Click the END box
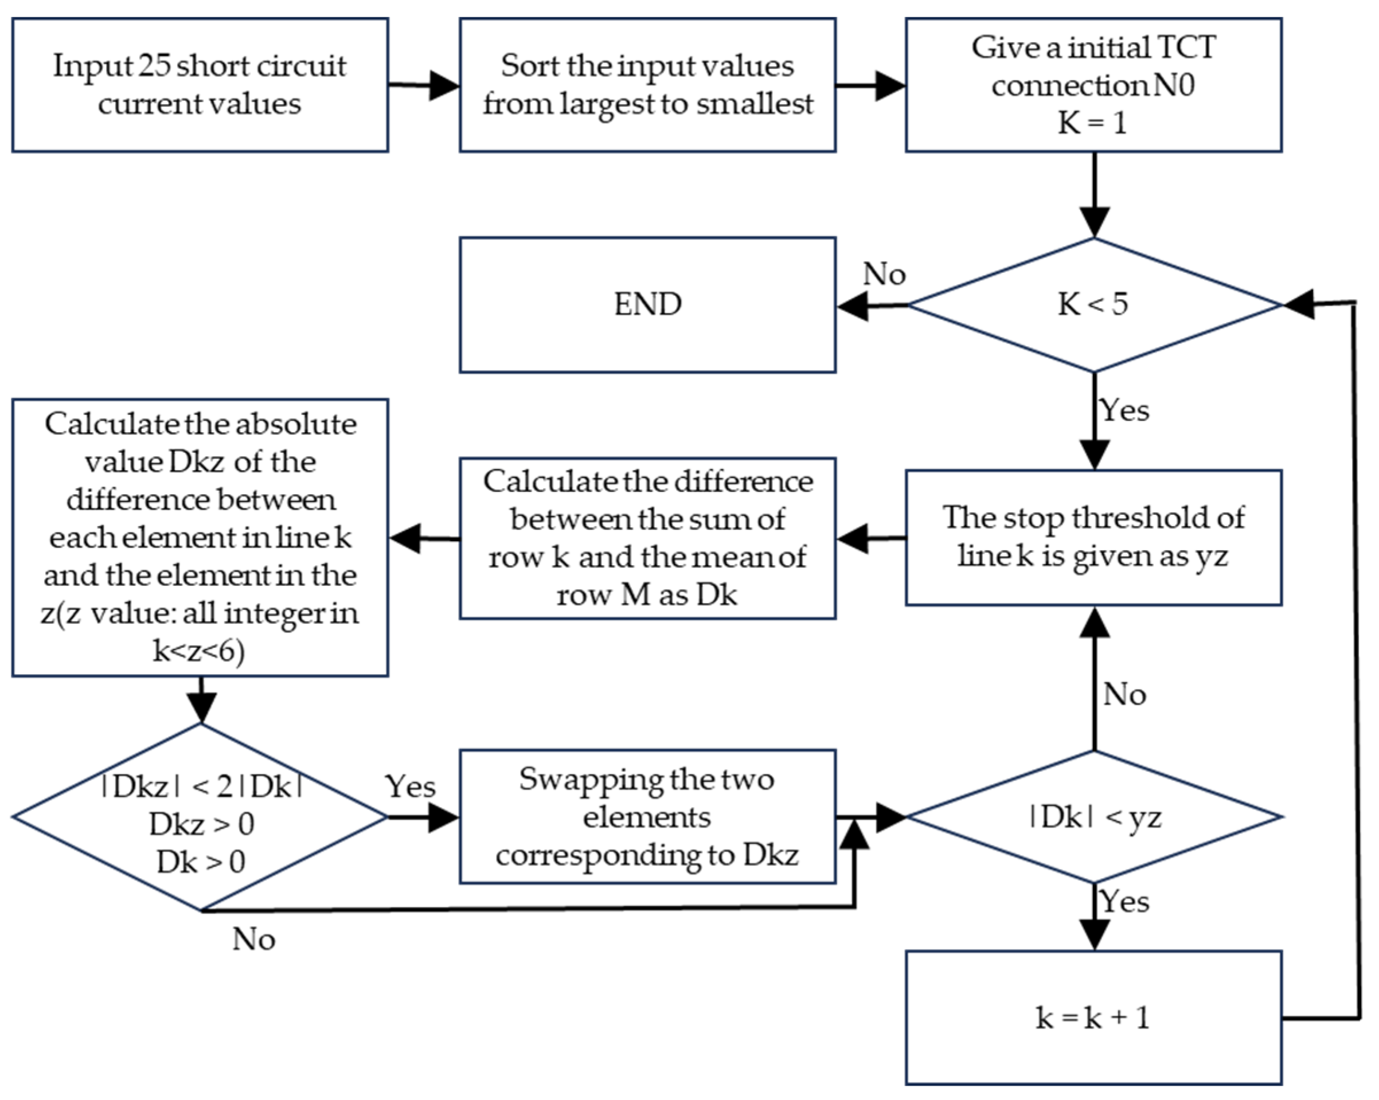(x=647, y=305)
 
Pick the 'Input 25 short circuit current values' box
(x=200, y=85)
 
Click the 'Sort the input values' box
(x=647, y=85)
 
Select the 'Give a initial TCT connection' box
(x=1093, y=85)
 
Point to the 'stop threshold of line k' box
(x=1093, y=537)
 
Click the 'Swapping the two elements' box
(x=647, y=817)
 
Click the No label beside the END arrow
(x=884, y=275)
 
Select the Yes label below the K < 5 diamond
(x=1124, y=410)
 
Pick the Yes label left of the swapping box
(x=410, y=786)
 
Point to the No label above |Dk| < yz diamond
(x=1124, y=694)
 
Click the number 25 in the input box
(x=154, y=66)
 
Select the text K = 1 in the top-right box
(x=1092, y=123)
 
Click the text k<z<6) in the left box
(x=199, y=651)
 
